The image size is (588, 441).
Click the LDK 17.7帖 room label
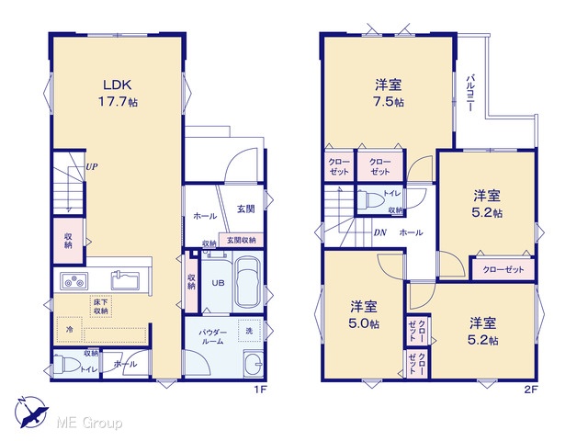point(118,93)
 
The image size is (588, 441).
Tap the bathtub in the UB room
point(248,282)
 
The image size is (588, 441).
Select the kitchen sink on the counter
point(125,280)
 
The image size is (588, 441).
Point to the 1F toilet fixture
point(64,364)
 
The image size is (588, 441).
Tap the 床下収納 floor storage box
point(101,306)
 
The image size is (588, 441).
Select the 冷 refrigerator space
point(70,330)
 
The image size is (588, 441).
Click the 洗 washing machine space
point(249,331)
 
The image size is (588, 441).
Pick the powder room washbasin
point(254,364)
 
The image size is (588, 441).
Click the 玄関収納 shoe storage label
point(241,240)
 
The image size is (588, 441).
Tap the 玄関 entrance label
point(246,209)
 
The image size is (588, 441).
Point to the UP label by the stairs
point(92,166)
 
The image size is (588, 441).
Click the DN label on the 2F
point(379,232)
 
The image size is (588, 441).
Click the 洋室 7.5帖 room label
point(389,93)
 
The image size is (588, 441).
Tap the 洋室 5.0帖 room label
point(364,315)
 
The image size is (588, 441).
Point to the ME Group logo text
point(89,423)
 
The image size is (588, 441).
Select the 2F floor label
point(531,390)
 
